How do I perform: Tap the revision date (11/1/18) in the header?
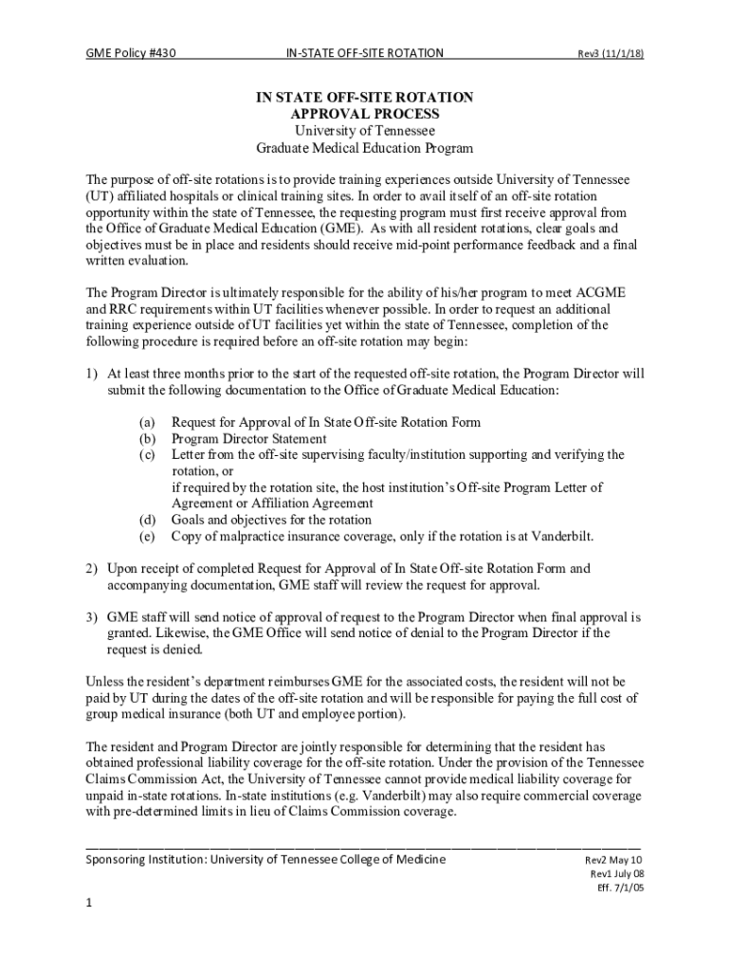tap(623, 54)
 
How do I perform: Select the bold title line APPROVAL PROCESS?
tap(365, 114)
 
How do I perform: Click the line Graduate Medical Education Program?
tap(365, 148)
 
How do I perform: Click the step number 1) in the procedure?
tap(93, 374)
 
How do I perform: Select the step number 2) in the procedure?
tap(93, 569)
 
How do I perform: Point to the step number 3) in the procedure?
tap(93, 617)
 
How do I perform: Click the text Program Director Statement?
tap(248, 439)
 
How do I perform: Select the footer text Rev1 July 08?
tap(617, 874)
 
